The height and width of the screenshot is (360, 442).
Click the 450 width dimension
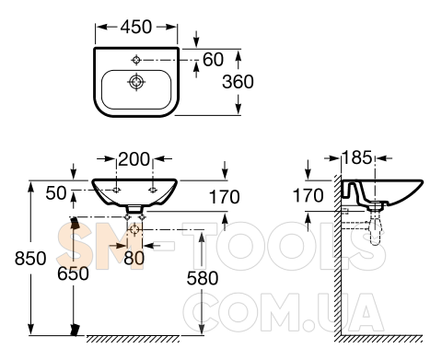pyautogui.click(x=136, y=27)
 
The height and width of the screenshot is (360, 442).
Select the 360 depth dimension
pyautogui.click(x=238, y=82)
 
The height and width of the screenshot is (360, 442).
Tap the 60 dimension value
pyautogui.click(x=213, y=60)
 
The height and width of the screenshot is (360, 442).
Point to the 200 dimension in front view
pyautogui.click(x=134, y=159)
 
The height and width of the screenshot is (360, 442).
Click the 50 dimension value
pyautogui.click(x=56, y=193)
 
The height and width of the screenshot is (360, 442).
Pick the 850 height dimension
pyautogui.click(x=30, y=258)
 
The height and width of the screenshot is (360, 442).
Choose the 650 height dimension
pyautogui.click(x=73, y=273)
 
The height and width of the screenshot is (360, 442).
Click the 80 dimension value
pyautogui.click(x=134, y=258)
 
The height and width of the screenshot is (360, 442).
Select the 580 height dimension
pyautogui.click(x=203, y=278)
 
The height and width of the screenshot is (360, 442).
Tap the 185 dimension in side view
pyautogui.click(x=356, y=158)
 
